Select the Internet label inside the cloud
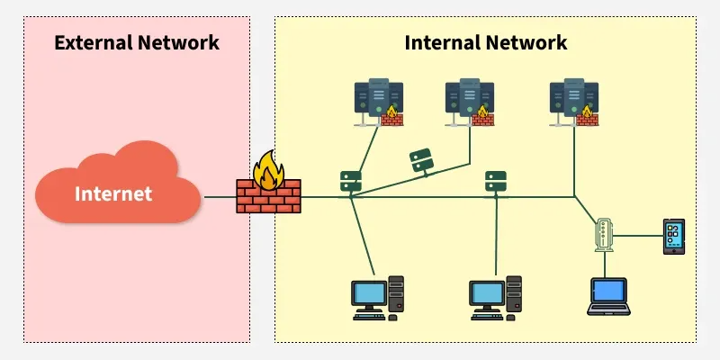pos(113,193)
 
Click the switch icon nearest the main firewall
pos(350,180)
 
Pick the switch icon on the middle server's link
pos(421,161)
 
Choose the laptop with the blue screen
pos(607,295)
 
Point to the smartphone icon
pos(674,236)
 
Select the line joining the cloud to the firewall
pos(220,197)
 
